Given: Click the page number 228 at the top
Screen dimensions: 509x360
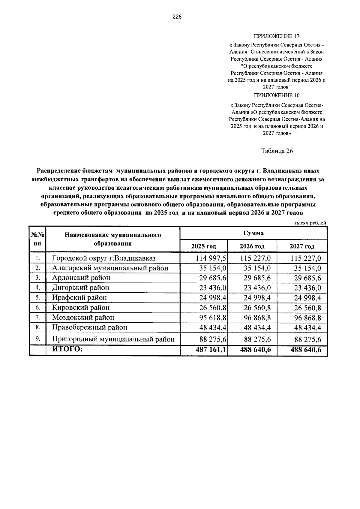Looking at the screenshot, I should tap(177, 17).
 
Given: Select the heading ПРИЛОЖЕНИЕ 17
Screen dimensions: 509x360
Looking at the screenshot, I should tap(277, 37).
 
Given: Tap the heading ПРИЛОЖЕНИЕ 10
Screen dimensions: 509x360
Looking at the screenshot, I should tap(277, 95).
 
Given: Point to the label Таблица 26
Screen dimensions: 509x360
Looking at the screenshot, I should tap(277, 151).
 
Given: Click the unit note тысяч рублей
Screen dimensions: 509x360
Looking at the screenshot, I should tap(310, 223).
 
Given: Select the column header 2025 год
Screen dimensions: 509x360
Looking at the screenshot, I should tap(204, 246).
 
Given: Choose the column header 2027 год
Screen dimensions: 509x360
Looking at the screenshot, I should tap(302, 246).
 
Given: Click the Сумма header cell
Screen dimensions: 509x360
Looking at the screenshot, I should tap(253, 233).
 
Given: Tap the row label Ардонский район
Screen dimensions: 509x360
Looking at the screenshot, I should tap(81, 278).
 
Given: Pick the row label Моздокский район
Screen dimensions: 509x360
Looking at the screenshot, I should tap(83, 318).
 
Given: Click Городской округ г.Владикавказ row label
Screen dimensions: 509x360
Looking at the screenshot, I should tap(104, 258).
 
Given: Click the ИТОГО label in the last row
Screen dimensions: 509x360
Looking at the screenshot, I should tap(67, 349).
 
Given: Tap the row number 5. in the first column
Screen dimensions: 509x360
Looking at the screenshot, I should tap(37, 298).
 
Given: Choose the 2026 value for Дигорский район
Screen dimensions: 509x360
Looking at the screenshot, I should tap(257, 288).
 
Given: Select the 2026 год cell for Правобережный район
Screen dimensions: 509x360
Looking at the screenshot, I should tap(257, 327).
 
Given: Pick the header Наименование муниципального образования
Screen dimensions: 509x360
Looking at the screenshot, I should tap(113, 239).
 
